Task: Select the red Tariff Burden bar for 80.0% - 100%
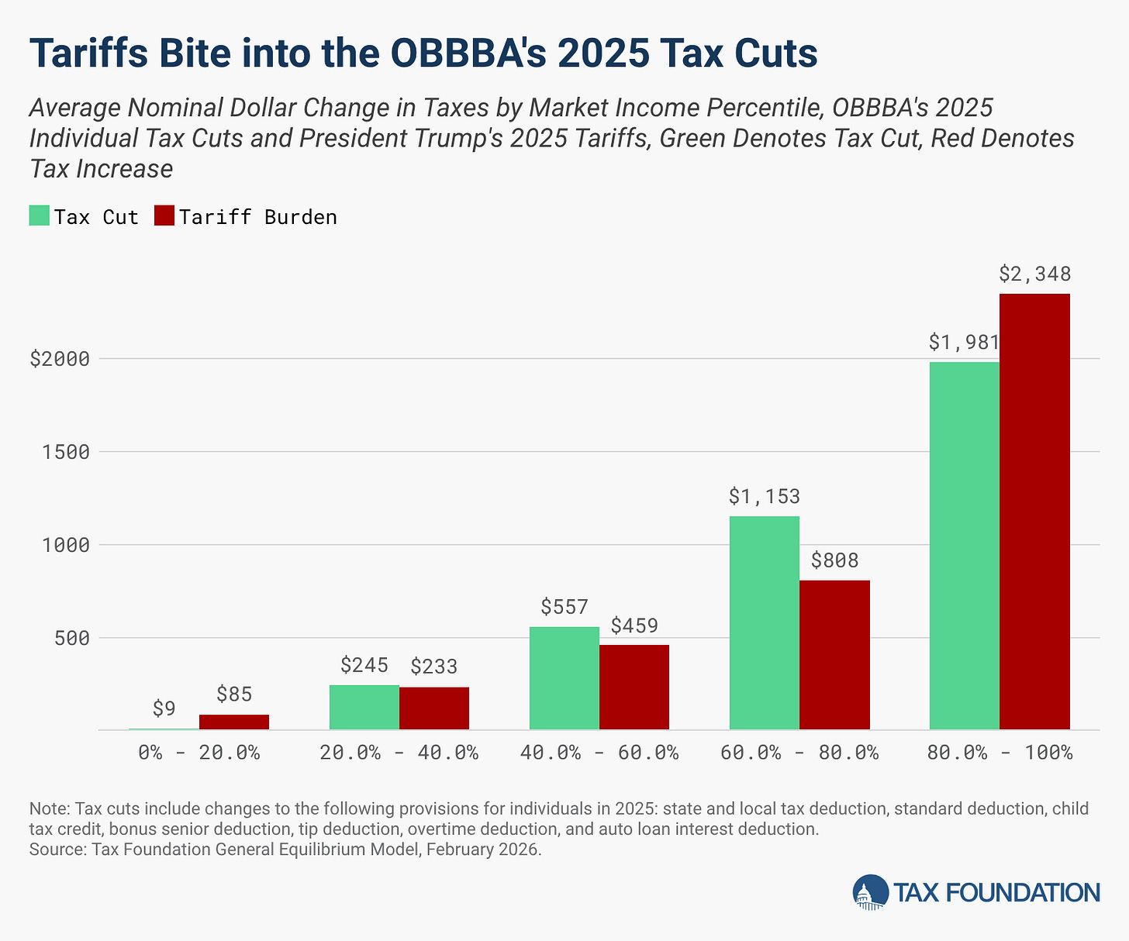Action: tap(1034, 512)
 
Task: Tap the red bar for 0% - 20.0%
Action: tap(233, 722)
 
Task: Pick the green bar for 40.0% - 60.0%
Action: tap(564, 677)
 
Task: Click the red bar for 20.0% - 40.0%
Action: tap(433, 708)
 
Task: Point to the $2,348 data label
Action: tap(1034, 274)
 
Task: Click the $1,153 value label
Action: tap(764, 496)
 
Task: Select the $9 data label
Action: tap(164, 708)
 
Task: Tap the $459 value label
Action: tap(634, 625)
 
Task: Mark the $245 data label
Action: tap(364, 665)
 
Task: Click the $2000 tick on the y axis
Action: tap(59, 359)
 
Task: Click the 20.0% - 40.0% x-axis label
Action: tap(399, 752)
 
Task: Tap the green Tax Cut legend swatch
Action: tap(40, 216)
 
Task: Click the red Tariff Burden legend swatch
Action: tap(164, 216)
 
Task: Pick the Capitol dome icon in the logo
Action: tap(870, 893)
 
